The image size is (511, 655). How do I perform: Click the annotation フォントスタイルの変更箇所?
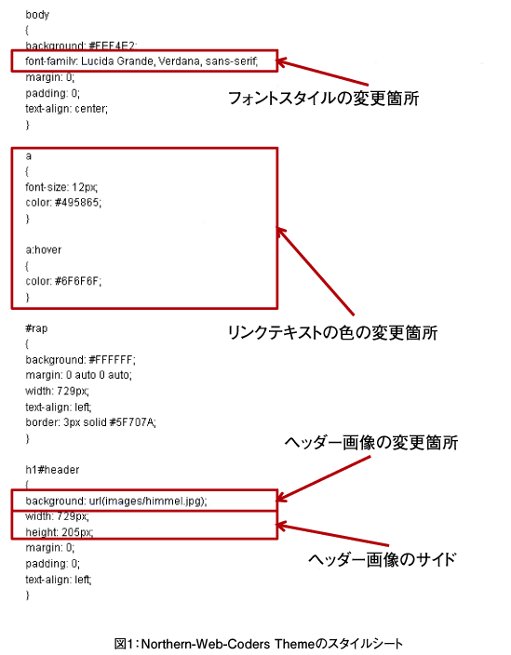pos(323,99)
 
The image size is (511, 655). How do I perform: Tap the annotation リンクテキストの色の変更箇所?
pos(332,333)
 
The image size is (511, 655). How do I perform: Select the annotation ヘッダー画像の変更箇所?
pos(371,443)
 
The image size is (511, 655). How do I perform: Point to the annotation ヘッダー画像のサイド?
pos(382,559)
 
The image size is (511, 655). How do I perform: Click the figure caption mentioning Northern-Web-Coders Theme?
pos(259,643)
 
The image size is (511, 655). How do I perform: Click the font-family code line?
pos(141,61)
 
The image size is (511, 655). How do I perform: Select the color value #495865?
pos(78,203)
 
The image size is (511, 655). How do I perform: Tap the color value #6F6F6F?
pos(78,281)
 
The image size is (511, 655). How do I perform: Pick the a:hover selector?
pos(44,249)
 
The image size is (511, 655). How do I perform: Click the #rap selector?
pos(36,328)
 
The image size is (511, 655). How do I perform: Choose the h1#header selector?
pos(52,470)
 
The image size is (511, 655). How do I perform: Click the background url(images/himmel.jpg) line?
pos(116,501)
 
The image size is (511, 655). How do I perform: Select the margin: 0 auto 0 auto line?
pos(78,375)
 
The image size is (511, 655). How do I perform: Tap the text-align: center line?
pos(66,109)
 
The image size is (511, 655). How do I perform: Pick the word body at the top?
pos(37,15)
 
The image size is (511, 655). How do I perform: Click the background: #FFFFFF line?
pos(81,360)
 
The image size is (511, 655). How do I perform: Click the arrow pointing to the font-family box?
pos(322,74)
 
